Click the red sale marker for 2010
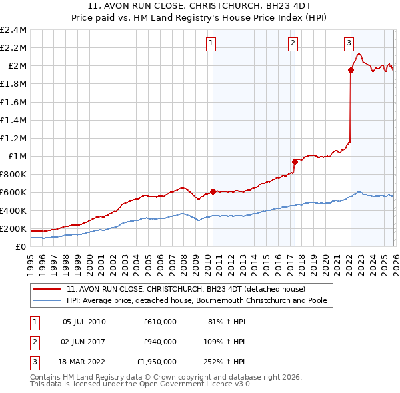click(x=213, y=191)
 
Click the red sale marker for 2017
click(x=294, y=161)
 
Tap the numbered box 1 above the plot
click(x=211, y=44)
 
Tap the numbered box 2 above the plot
click(x=293, y=44)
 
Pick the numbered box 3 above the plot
click(x=349, y=44)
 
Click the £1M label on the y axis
click(x=17, y=157)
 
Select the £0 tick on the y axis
click(x=21, y=247)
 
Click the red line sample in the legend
click(x=47, y=290)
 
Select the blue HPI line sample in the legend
click(x=47, y=301)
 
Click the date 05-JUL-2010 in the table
click(x=84, y=321)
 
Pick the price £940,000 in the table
click(x=159, y=342)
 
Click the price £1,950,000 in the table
click(x=157, y=362)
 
